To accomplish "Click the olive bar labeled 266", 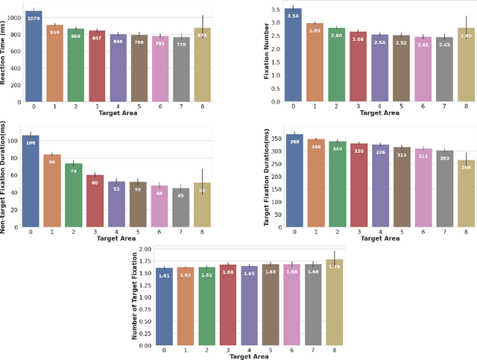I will click(x=467, y=194).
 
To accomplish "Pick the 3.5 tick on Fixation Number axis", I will click(x=276, y=10).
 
